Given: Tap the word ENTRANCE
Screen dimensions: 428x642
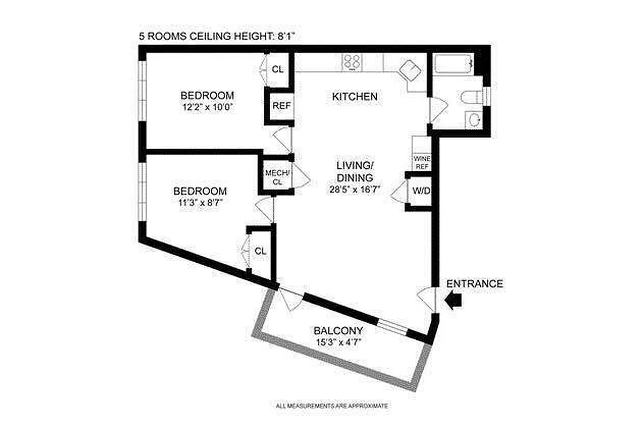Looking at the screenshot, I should tap(475, 284).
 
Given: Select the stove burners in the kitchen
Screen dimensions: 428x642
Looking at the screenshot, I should tap(351, 62).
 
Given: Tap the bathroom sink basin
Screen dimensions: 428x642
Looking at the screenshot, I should tap(473, 119).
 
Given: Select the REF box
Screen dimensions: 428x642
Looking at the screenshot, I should tap(281, 105).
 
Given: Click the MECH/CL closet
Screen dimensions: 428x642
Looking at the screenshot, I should tap(277, 178).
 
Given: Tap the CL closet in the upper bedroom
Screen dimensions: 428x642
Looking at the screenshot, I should tap(278, 69).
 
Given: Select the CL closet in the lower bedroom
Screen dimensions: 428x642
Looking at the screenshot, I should tap(260, 251).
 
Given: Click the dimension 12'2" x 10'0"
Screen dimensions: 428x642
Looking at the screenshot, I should tap(207, 106).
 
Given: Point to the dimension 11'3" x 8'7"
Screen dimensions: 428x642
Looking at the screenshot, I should tap(200, 202).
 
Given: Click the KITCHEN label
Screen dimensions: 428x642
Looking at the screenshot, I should tap(355, 97).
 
